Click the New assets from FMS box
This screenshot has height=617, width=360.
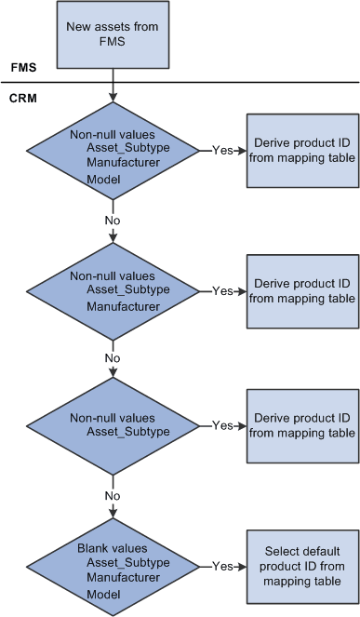coord(113,34)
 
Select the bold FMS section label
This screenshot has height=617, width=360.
coord(22,68)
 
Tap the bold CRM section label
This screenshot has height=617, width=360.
coord(23,98)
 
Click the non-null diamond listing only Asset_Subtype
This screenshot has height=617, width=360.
coord(113,425)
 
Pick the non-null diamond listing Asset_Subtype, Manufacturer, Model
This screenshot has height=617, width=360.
coord(113,149)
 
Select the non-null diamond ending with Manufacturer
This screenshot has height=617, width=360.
coord(113,289)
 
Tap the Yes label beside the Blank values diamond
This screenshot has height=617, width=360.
coord(222,565)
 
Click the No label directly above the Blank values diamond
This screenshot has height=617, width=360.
coord(113,495)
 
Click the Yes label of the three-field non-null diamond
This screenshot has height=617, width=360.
coord(222,149)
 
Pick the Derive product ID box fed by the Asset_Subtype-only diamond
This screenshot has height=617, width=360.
coord(302,425)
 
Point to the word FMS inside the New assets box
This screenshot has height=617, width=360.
coord(113,41)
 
